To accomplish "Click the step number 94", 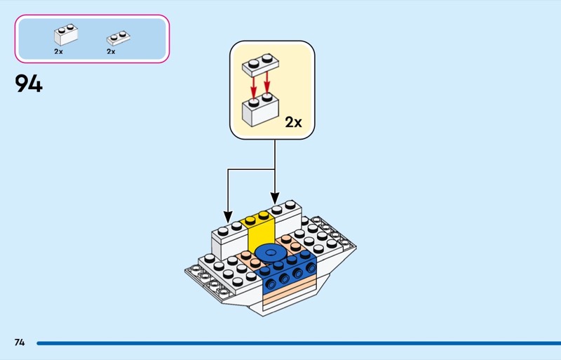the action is pos(28,84).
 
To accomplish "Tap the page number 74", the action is pos(20,342).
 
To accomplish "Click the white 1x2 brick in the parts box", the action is pos(66,35).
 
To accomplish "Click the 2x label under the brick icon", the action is pos(58,51).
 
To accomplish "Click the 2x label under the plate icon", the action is pos(111,51).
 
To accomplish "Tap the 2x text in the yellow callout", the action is pos(293,122).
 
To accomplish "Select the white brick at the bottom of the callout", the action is pos(257,111).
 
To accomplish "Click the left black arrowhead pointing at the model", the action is pos(227,215).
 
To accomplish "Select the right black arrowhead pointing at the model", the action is pos(274,199).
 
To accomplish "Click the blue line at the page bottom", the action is pos(295,343).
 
